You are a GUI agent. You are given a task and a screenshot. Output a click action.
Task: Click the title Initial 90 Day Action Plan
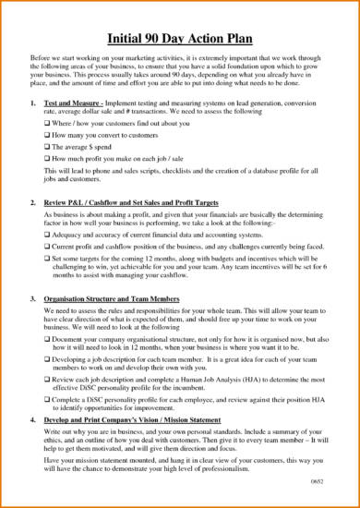point(180,38)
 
